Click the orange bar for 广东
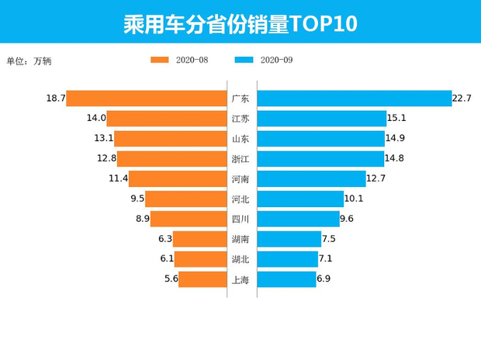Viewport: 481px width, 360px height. (x=147, y=99)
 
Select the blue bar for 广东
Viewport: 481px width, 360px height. (x=354, y=99)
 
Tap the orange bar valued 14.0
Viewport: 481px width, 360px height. (x=167, y=119)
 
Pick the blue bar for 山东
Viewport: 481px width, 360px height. (x=320, y=139)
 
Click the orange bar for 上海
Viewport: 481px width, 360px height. (x=202, y=279)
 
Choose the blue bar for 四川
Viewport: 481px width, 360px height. (x=298, y=219)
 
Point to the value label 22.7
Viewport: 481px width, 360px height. (x=462, y=99)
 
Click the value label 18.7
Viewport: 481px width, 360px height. (x=55, y=99)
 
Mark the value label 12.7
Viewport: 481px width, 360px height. (x=375, y=178)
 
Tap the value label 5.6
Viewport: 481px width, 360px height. (x=171, y=279)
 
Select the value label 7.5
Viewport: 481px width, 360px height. (x=328, y=239)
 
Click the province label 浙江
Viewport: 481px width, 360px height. (x=240, y=159)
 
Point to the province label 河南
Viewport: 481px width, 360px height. (x=240, y=179)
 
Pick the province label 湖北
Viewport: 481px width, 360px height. (x=240, y=260)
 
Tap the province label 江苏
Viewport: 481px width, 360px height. (x=240, y=119)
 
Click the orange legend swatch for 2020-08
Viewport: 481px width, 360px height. (x=160, y=60)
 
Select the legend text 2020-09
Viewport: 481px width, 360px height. (x=276, y=60)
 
